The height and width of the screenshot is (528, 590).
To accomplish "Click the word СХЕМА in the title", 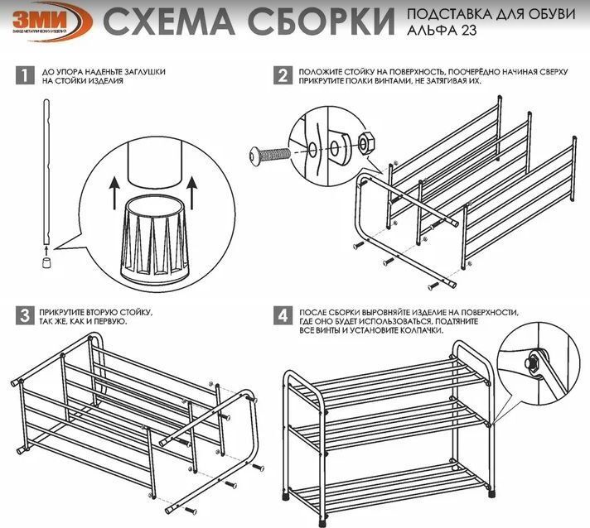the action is [x=168, y=22].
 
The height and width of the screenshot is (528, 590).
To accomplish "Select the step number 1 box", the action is [x=25, y=75].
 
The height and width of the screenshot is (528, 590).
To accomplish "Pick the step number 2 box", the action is [x=283, y=75].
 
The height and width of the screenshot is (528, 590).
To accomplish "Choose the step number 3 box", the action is [x=25, y=315].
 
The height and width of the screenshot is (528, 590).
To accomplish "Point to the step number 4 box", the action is [x=283, y=315].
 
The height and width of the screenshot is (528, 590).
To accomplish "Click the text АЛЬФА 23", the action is [x=442, y=30].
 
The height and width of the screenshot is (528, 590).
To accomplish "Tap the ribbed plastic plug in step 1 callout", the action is [x=154, y=239].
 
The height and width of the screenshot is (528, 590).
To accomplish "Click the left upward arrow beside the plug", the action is [x=114, y=193].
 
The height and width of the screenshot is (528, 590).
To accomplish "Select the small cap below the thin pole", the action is [x=46, y=262].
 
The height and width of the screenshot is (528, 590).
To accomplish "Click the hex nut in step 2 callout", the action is [x=365, y=143].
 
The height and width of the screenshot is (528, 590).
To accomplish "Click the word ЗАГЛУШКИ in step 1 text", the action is [x=144, y=72].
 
